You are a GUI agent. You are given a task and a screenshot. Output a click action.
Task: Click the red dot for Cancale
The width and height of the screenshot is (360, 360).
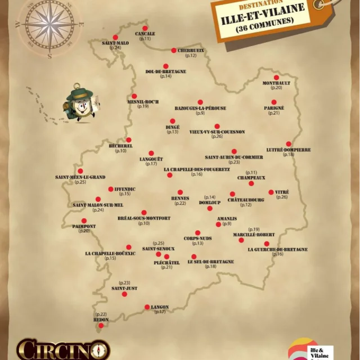tap(145, 28)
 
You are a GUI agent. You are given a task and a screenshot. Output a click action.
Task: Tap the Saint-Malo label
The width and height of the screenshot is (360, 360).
tap(115, 43)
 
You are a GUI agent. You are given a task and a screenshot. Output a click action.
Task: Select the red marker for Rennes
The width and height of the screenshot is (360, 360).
tap(180, 192)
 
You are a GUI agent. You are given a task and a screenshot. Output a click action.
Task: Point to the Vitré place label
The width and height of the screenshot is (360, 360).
tap(282, 192)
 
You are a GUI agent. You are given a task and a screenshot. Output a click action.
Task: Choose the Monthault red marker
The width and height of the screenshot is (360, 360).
tap(276, 78)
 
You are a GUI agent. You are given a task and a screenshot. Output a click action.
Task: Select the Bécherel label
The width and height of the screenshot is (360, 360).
tap(121, 146)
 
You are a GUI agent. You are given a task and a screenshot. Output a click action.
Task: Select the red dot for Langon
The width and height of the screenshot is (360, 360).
tap(147, 307)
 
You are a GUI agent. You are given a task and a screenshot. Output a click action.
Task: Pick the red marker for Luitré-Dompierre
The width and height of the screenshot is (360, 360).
tap(289, 144)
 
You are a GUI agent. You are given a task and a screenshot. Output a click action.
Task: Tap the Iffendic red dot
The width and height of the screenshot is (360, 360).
tap(110, 189)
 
